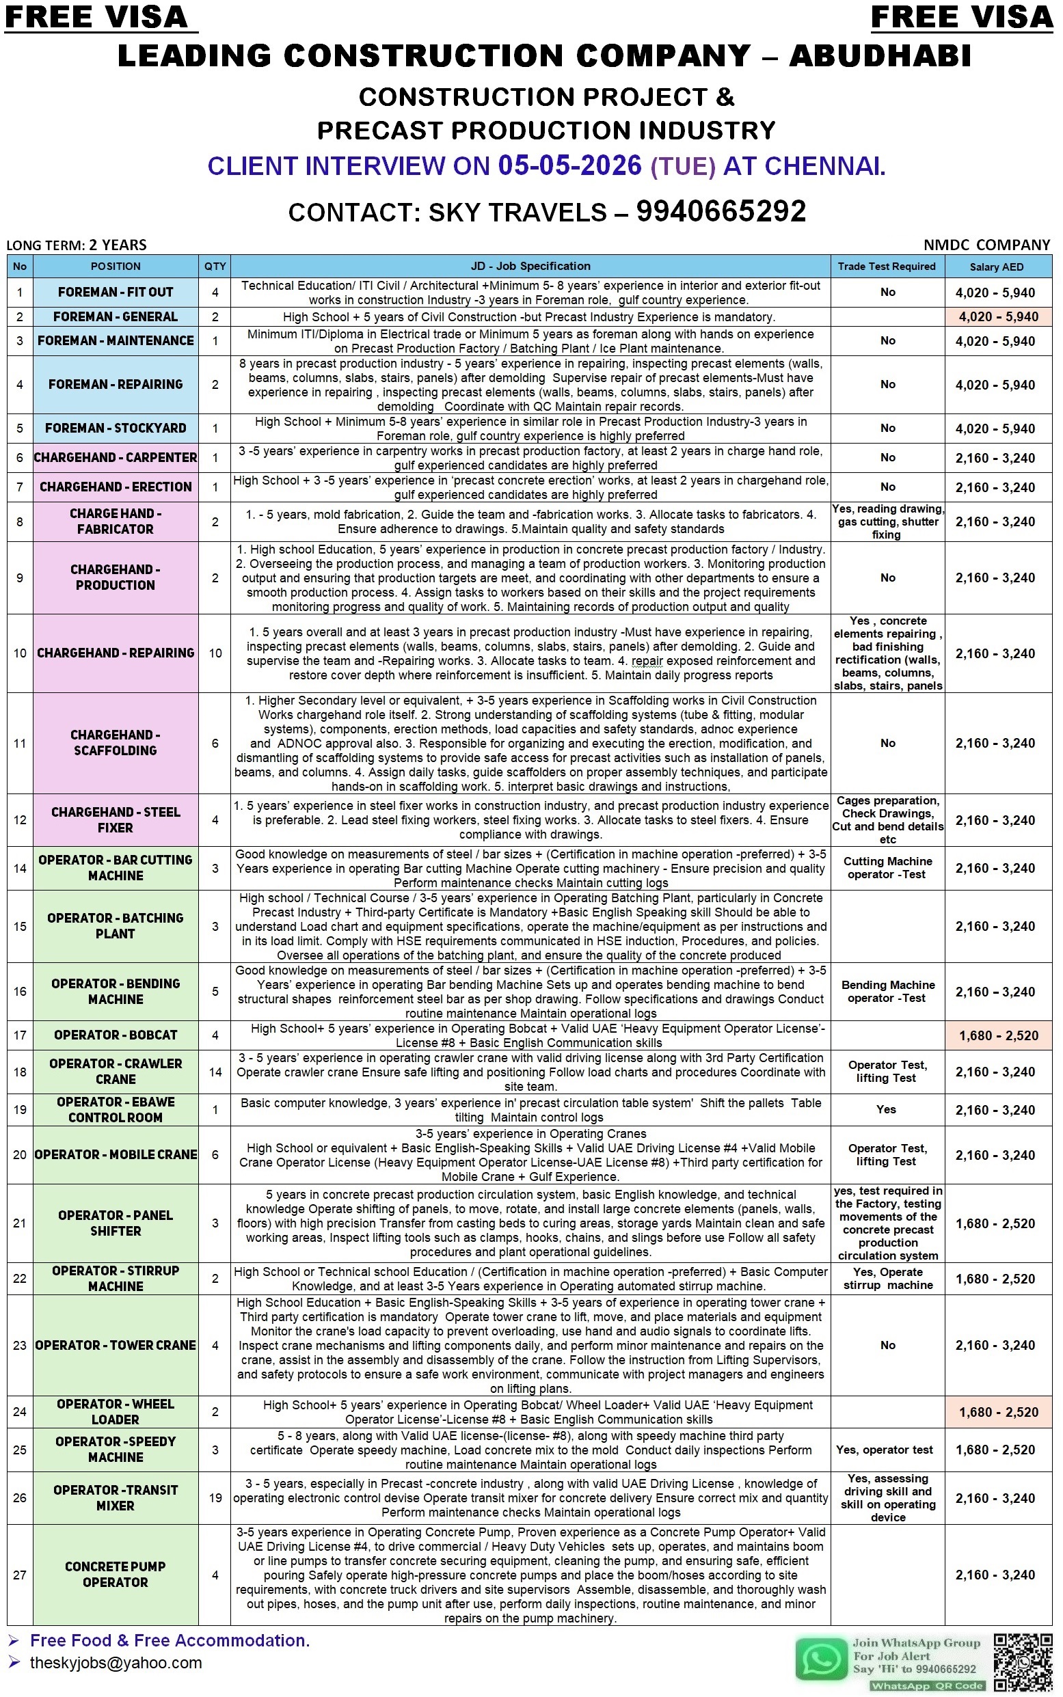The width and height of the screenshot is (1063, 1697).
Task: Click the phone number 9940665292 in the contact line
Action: point(721,211)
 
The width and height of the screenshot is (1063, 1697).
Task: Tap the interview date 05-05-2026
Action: point(569,166)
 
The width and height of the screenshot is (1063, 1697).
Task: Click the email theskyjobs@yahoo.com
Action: point(116,1663)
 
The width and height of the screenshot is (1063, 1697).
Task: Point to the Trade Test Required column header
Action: point(887,267)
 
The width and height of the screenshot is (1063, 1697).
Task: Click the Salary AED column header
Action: point(996,267)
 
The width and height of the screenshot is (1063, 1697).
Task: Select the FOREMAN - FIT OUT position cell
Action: point(116,292)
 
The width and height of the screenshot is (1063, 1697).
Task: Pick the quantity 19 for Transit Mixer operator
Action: point(215,1497)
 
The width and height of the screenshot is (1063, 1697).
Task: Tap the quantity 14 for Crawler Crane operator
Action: point(215,1072)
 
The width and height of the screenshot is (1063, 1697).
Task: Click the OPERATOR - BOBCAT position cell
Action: point(116,1035)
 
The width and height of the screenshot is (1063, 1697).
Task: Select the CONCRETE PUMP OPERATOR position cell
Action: point(116,1574)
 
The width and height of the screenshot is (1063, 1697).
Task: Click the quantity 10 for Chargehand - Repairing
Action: point(215,653)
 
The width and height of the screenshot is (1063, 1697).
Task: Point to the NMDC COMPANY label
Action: point(986,245)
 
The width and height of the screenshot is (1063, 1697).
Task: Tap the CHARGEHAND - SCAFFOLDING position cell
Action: point(116,743)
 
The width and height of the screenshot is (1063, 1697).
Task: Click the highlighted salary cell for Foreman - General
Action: point(998,317)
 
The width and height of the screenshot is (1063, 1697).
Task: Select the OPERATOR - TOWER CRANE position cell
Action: point(116,1345)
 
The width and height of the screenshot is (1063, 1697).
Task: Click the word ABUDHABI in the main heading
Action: point(880,55)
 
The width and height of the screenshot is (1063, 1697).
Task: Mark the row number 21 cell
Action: point(20,1223)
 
